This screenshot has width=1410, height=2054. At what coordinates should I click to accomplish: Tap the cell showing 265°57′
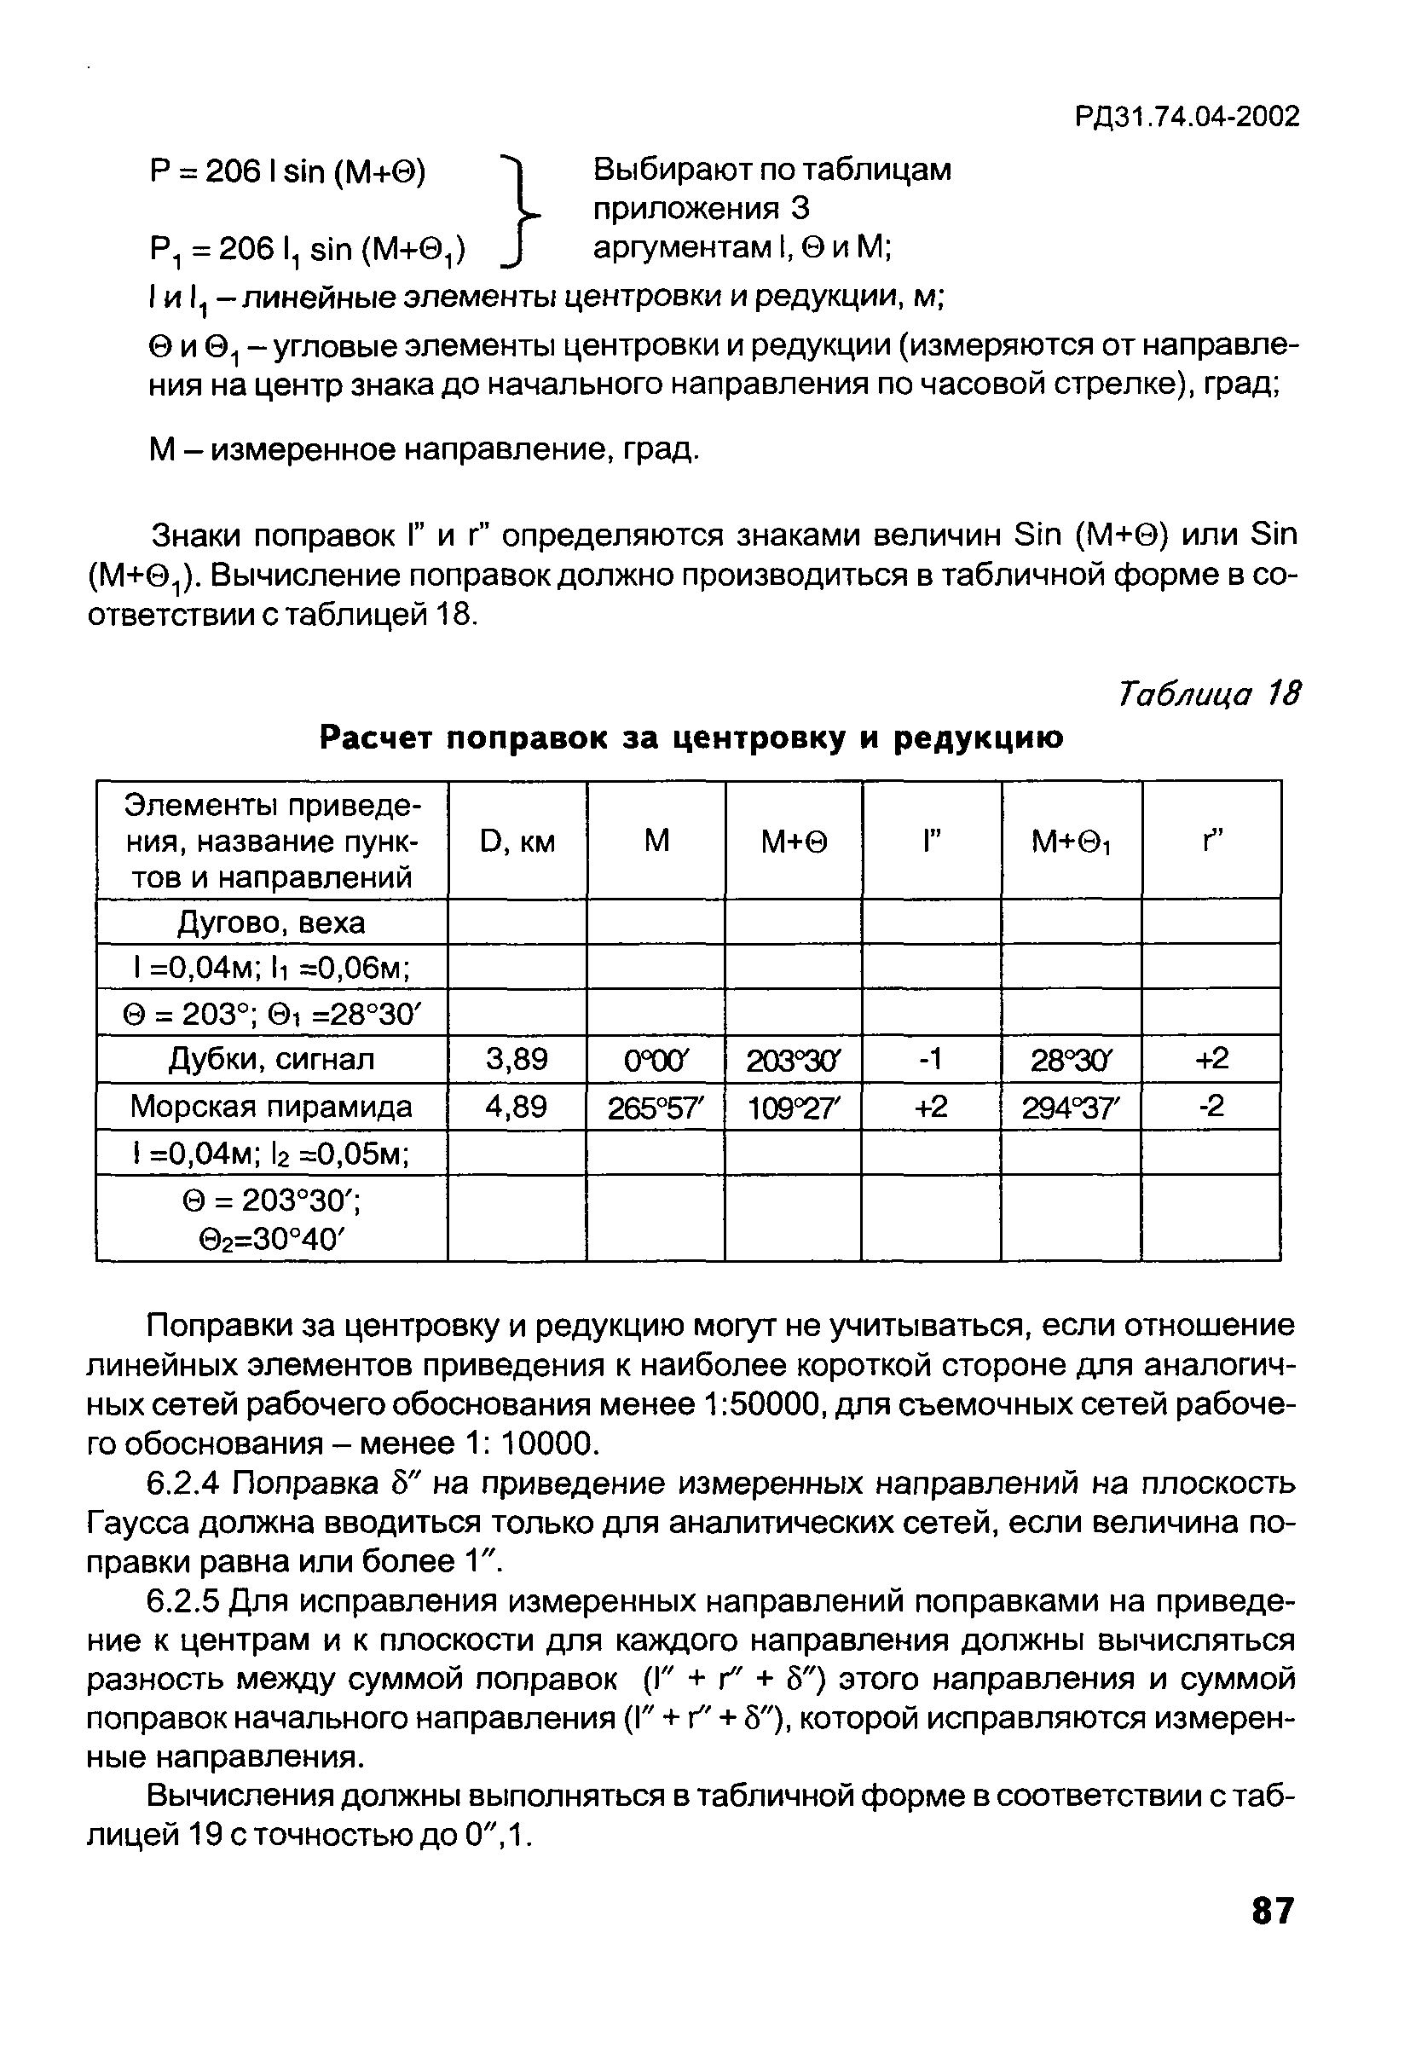click(656, 1108)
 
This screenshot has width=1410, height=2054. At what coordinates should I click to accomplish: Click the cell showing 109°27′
click(794, 1108)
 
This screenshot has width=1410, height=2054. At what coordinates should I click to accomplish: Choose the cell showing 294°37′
click(1071, 1108)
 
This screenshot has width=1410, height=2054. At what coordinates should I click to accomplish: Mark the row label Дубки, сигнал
click(271, 1059)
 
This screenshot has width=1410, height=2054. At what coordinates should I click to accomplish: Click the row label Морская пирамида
click(271, 1107)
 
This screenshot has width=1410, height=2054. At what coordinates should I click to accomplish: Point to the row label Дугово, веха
click(271, 923)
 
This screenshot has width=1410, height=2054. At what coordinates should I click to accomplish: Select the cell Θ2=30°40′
click(271, 1240)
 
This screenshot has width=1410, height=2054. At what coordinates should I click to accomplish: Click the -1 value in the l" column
click(932, 1059)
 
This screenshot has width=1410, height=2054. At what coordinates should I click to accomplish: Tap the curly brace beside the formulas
click(520, 210)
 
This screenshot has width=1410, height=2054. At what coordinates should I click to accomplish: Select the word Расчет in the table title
click(376, 738)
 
